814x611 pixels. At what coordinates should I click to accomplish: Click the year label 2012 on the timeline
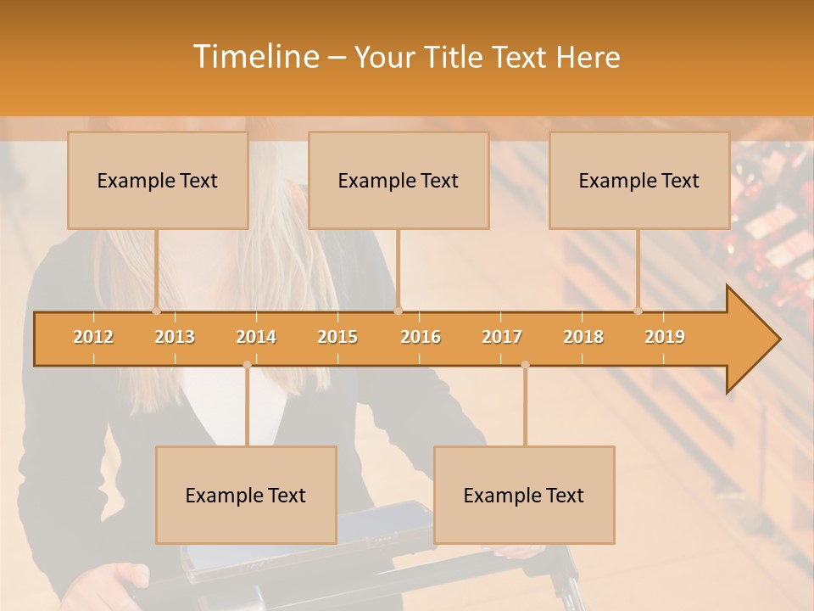click(93, 337)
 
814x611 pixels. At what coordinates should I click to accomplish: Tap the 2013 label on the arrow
click(175, 337)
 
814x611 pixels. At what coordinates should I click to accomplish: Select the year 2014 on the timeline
click(256, 337)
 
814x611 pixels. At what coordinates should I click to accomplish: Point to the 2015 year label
click(337, 337)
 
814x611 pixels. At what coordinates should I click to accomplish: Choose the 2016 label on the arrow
click(421, 337)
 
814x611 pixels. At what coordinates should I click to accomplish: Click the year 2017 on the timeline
click(502, 337)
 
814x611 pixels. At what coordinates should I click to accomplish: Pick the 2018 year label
click(583, 337)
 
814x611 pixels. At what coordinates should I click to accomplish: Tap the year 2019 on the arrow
click(665, 337)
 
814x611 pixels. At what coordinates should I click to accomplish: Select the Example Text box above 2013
click(158, 181)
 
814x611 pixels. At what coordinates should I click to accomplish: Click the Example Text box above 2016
click(399, 181)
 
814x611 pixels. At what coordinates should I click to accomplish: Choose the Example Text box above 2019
click(639, 181)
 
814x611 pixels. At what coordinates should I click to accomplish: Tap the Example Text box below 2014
click(246, 496)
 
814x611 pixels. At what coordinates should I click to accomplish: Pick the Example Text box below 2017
click(524, 496)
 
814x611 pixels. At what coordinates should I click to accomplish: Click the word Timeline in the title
click(254, 57)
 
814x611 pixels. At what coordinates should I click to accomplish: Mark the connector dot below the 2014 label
click(247, 365)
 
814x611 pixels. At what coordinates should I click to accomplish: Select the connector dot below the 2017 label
click(525, 365)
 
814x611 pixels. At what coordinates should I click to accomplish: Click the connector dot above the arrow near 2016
click(399, 311)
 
